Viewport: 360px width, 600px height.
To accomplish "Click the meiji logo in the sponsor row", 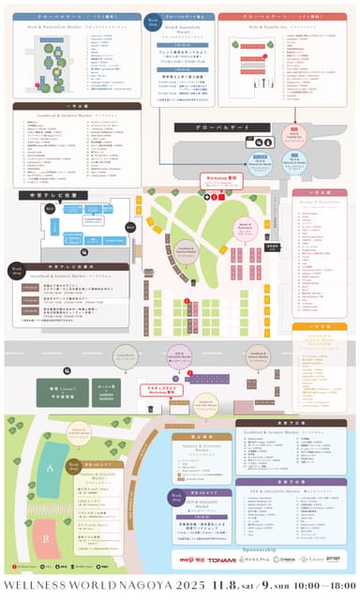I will (x=192, y=560).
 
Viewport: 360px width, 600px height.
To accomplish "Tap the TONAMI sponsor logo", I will (x=221, y=560).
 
